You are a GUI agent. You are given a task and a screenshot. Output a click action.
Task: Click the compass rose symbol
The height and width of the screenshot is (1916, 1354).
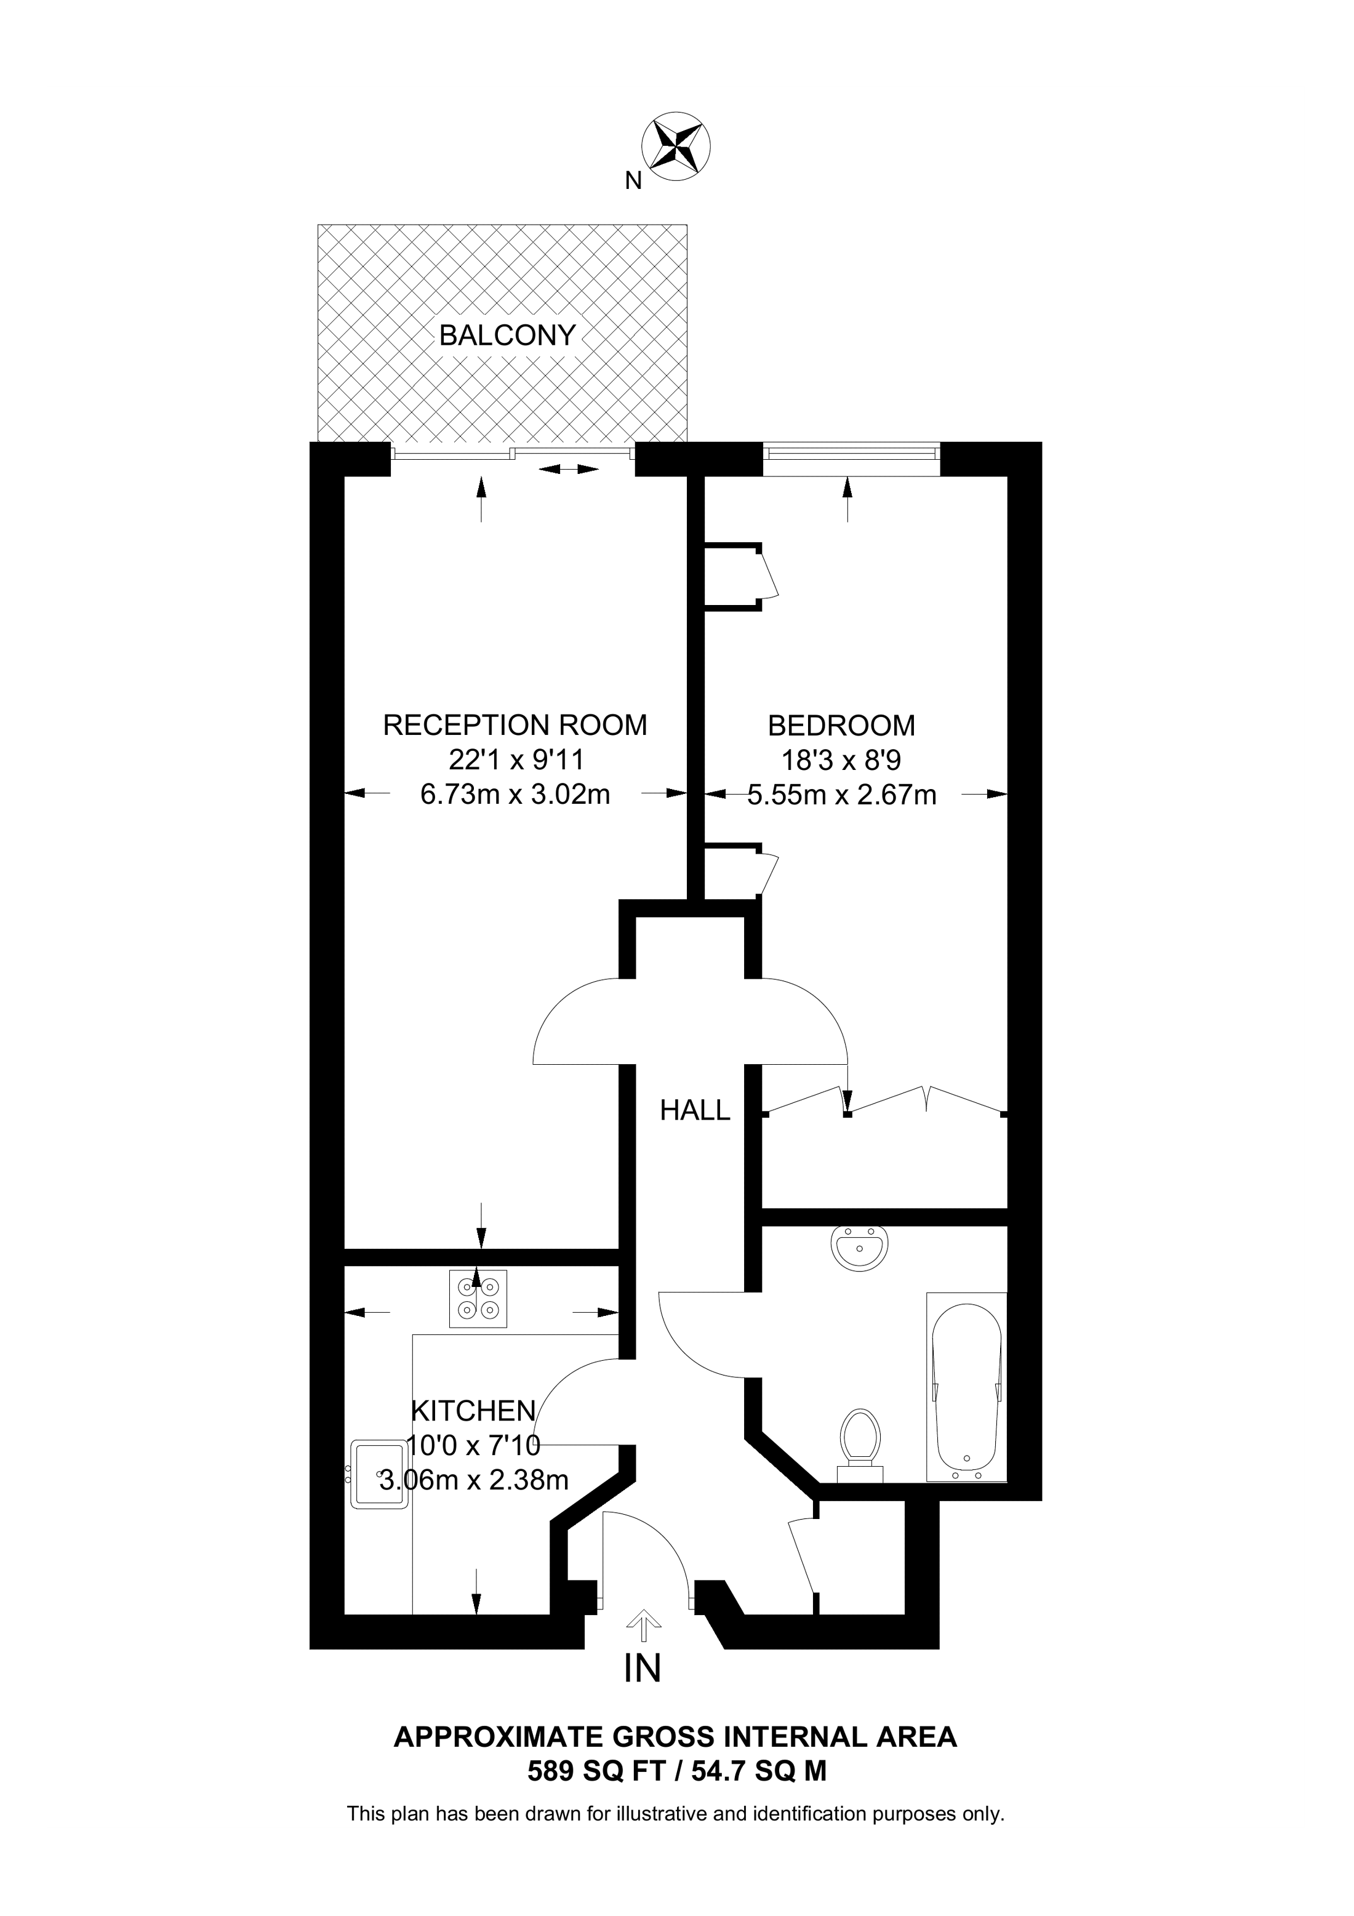pyautogui.click(x=676, y=145)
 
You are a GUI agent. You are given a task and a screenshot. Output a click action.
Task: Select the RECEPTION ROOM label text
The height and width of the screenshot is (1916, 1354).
pyautogui.click(x=515, y=725)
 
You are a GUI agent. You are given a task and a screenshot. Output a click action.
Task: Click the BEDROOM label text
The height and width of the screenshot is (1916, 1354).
pyautogui.click(x=841, y=725)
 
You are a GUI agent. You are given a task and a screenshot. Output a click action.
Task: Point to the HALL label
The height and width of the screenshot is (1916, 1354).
pyautogui.click(x=694, y=1110)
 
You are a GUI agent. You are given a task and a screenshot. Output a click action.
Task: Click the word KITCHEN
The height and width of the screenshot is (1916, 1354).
pyautogui.click(x=473, y=1410)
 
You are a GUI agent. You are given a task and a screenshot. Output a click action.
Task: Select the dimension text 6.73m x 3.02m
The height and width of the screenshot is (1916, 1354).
pyautogui.click(x=515, y=793)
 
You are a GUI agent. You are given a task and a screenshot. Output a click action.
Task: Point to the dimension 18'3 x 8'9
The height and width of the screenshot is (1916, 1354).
pyautogui.click(x=841, y=760)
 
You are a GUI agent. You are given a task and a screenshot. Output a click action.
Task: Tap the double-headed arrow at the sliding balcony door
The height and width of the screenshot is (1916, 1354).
pyautogui.click(x=568, y=470)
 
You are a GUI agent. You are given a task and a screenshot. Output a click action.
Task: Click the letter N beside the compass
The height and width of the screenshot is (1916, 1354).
pyautogui.click(x=633, y=180)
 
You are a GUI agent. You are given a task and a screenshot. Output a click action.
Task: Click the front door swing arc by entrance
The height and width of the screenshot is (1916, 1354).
pyautogui.click(x=659, y=1544)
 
